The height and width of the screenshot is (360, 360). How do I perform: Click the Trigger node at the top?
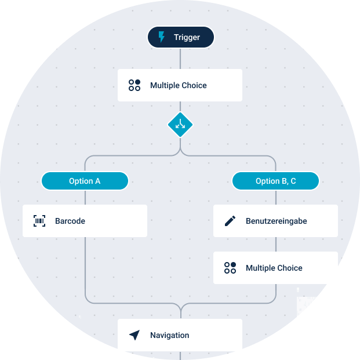[x=180, y=38]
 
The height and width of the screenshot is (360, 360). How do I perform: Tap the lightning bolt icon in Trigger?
[x=162, y=38]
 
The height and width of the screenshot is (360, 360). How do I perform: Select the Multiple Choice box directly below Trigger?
[x=180, y=85]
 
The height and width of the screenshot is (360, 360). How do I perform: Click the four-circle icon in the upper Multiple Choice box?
[x=134, y=85]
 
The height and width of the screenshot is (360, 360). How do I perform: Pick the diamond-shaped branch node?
[x=180, y=124]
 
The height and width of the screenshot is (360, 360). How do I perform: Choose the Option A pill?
[x=85, y=181]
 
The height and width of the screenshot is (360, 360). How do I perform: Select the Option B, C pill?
[x=275, y=181]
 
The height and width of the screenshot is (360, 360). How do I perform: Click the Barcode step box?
[x=85, y=221]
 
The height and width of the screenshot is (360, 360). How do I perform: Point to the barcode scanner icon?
[x=39, y=221]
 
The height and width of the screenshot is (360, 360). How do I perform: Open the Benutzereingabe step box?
[x=275, y=221]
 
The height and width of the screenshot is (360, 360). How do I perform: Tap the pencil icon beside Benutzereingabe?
[x=230, y=221]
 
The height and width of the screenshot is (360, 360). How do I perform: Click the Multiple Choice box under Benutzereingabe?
[x=275, y=268]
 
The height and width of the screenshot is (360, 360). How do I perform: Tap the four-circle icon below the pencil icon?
[x=230, y=268]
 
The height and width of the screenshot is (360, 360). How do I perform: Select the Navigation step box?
[x=180, y=334]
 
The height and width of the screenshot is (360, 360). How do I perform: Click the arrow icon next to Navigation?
[x=134, y=335]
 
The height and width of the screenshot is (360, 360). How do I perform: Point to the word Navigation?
[x=169, y=335]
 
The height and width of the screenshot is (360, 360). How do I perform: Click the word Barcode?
[x=70, y=221]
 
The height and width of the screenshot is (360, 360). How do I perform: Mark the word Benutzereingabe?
[x=276, y=221]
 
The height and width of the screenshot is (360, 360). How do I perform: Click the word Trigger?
[x=187, y=38]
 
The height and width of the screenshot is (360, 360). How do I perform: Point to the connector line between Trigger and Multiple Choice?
[x=180, y=59]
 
